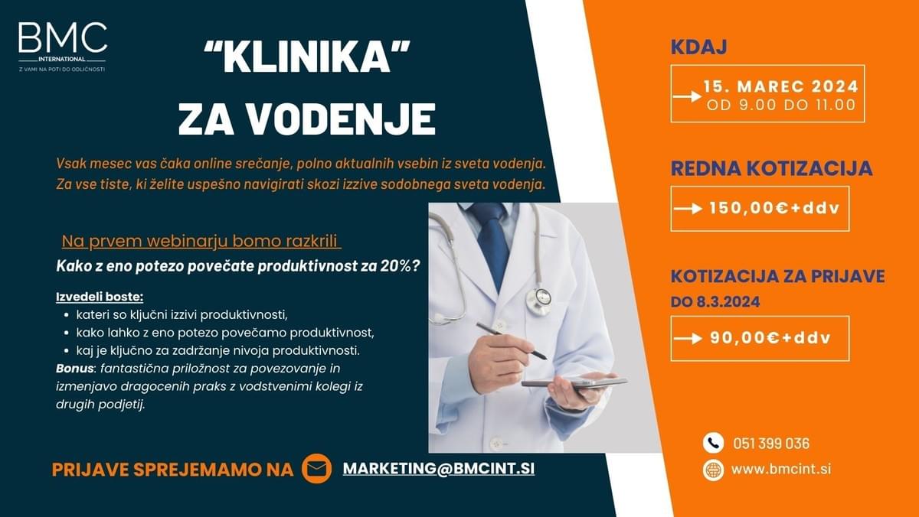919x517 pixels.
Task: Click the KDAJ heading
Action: (x=698, y=47)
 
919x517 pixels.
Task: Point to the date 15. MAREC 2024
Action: (x=780, y=86)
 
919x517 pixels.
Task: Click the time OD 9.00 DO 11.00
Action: (x=780, y=106)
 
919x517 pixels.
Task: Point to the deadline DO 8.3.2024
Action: (x=715, y=302)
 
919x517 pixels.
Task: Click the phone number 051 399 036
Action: (x=770, y=444)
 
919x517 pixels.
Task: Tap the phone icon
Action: (x=713, y=443)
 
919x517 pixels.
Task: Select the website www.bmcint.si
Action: (x=781, y=469)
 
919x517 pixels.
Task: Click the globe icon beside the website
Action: (x=713, y=470)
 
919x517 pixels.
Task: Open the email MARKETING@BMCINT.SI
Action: (x=438, y=468)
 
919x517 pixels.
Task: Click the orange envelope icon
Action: (x=316, y=469)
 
